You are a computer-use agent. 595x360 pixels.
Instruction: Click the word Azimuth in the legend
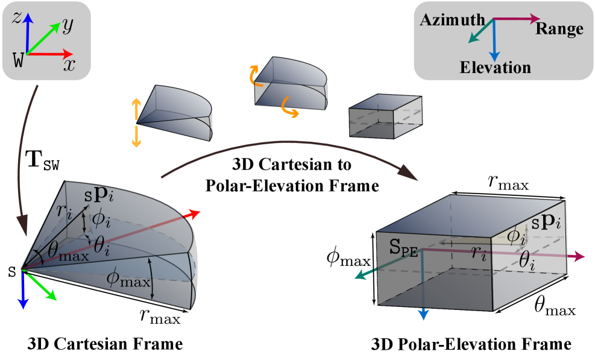tap(453, 20)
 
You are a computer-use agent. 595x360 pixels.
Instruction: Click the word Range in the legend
tap(559, 29)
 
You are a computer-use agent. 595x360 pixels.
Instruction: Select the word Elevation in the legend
tap(495, 67)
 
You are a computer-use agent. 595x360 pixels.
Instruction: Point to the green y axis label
tap(68, 25)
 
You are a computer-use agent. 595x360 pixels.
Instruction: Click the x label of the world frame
tap(69, 64)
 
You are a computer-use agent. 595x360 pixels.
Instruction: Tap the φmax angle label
tap(127, 279)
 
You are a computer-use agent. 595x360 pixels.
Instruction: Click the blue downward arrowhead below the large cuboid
tap(423, 314)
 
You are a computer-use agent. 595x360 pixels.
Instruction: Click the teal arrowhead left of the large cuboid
tap(359, 276)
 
